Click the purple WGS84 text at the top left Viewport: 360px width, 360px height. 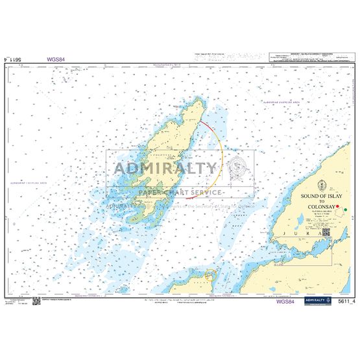point(56,59)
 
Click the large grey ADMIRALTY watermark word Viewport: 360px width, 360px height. point(165,169)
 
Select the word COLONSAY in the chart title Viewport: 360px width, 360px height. point(314,208)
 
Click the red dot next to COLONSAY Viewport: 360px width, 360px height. point(338,206)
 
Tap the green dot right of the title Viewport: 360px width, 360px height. point(346,209)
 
